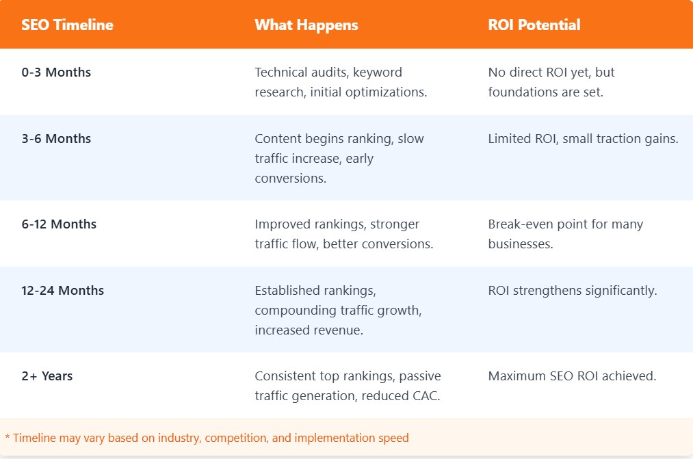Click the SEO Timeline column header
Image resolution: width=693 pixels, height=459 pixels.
coord(67,25)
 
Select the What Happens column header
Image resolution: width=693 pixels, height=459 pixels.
coord(306,25)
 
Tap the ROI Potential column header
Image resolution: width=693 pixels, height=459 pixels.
coord(534,25)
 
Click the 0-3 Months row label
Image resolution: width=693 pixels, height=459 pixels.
coord(56,72)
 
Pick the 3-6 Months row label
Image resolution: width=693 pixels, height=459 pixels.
coord(56,138)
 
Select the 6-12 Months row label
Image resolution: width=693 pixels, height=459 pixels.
coord(60,224)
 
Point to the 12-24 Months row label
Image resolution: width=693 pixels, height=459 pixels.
coord(63,290)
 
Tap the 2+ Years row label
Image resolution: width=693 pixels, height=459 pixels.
coord(47,376)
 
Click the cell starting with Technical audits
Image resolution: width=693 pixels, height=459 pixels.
coord(340,81)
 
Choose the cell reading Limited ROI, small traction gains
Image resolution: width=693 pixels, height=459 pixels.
coord(583,138)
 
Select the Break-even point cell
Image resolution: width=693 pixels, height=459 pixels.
coord(565,233)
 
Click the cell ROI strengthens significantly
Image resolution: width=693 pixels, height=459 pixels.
coord(572,290)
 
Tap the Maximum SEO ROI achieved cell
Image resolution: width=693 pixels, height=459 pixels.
coord(572,376)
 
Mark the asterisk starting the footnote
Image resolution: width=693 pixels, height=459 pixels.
coord(8,438)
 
